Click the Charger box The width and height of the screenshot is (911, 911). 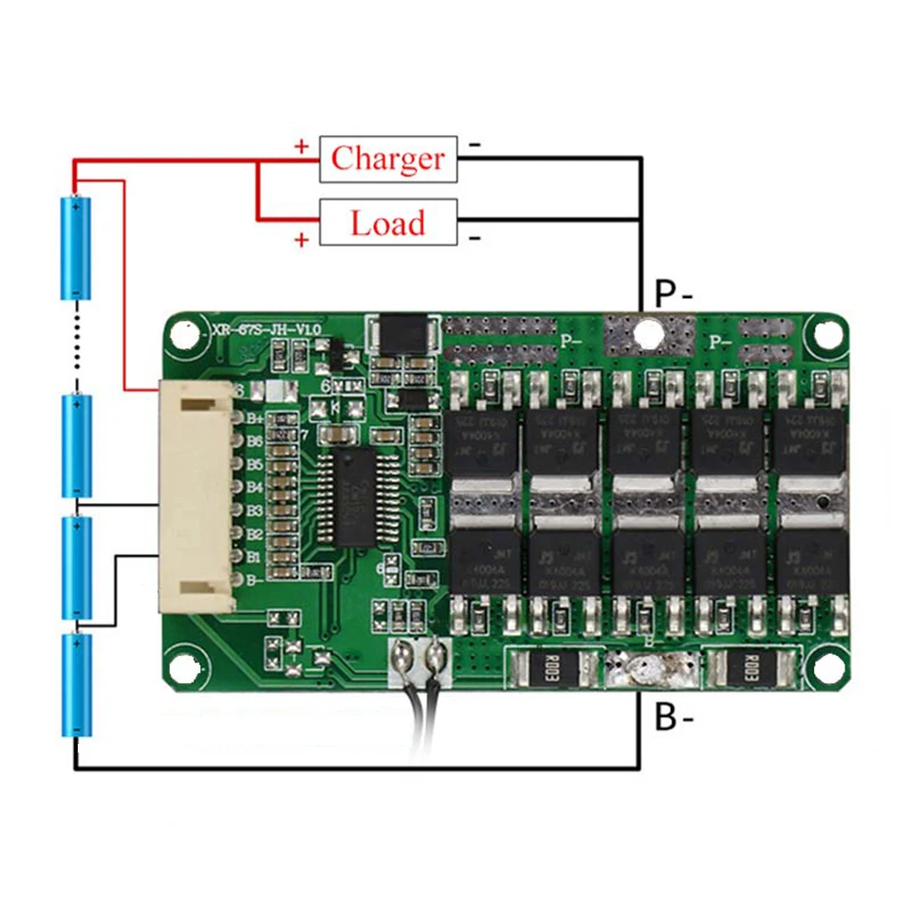click(x=388, y=158)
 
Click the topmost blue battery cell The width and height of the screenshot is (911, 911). click(x=76, y=246)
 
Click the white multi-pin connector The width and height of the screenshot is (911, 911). click(x=196, y=497)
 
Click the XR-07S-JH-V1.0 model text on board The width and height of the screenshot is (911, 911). click(x=268, y=328)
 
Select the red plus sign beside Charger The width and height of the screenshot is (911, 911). click(x=302, y=147)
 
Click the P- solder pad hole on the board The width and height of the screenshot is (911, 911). click(x=648, y=333)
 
